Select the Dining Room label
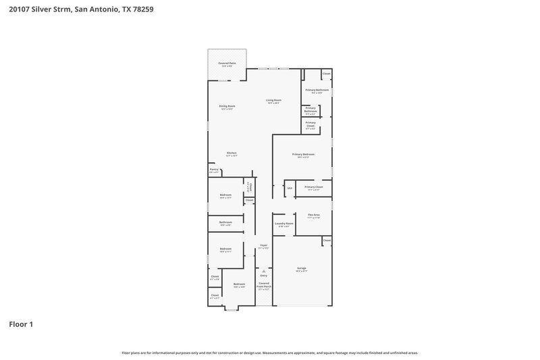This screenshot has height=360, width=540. tap(226, 107)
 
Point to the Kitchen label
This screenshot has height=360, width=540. tap(232, 154)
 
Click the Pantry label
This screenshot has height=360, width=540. tap(213, 171)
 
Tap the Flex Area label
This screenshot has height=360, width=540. tap(313, 215)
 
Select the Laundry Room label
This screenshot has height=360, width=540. tap(283, 224)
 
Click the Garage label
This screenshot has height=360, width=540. tap(301, 269)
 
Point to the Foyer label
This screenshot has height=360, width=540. tap(263, 247)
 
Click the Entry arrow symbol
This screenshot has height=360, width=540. tap(263, 270)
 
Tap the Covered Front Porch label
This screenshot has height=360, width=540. tap(263, 285)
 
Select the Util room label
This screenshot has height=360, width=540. tap(289, 188)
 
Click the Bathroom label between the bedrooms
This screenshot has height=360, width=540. tap(225, 223)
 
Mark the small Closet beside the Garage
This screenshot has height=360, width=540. tap(327, 240)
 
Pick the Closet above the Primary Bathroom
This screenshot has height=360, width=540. tap(326, 74)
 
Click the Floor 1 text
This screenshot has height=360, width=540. tap(20, 324)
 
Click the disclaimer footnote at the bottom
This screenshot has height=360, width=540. tap(270, 353)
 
